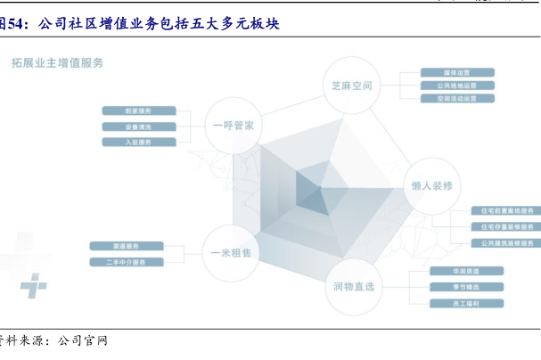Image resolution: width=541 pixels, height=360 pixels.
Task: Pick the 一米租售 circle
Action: (x=231, y=252)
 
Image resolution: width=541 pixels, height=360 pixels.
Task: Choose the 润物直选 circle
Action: (x=353, y=286)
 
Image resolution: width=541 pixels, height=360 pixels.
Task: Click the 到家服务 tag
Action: (x=138, y=111)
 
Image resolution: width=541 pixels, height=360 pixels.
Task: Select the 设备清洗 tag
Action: (x=138, y=127)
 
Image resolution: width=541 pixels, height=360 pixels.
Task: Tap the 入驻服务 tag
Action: (x=138, y=142)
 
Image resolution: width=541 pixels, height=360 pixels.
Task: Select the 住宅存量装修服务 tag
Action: (x=506, y=226)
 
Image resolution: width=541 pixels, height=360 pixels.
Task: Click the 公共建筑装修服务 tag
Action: (x=506, y=242)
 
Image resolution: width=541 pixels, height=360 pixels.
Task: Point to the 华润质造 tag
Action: (x=455, y=271)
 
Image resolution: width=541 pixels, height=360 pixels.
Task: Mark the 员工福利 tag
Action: (x=455, y=304)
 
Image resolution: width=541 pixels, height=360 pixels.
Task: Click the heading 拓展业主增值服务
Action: (x=58, y=62)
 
